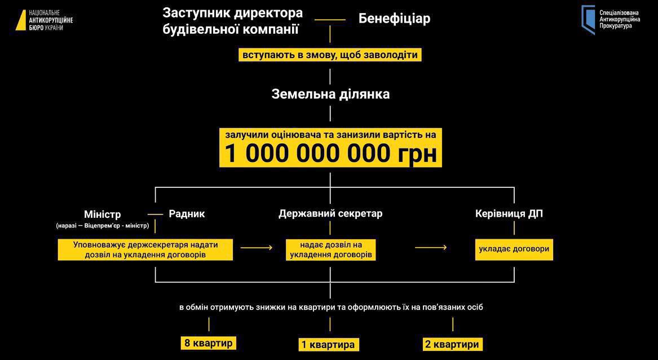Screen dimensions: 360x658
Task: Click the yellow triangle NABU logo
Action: (x=20, y=19)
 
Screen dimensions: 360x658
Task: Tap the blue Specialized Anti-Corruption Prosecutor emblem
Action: (x=588, y=19)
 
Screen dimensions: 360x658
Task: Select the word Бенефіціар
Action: (x=394, y=19)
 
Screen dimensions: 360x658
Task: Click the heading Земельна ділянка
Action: (x=330, y=94)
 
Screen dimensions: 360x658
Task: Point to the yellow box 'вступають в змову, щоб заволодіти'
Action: (x=330, y=55)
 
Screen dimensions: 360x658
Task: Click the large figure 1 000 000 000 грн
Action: (x=330, y=153)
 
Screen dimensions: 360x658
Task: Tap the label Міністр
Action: (x=102, y=214)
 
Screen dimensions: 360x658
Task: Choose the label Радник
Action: (x=187, y=214)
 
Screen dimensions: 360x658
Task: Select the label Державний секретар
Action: (x=330, y=214)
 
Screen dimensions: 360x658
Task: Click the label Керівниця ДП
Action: (x=509, y=214)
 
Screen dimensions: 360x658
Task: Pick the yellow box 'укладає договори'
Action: (x=514, y=248)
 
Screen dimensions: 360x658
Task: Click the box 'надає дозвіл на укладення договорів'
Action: (x=330, y=249)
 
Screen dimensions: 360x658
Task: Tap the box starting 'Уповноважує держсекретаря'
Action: (x=145, y=249)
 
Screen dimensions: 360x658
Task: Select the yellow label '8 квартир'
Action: (x=208, y=343)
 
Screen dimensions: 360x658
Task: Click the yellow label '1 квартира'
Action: (x=328, y=344)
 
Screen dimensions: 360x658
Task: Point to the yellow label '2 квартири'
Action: (x=453, y=344)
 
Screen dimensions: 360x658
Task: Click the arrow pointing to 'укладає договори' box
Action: (x=431, y=247)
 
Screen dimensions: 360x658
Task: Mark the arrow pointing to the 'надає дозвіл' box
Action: (x=257, y=247)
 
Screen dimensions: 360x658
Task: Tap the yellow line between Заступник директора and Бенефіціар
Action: (x=330, y=20)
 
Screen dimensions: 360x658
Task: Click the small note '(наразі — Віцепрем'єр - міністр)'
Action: (x=102, y=226)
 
